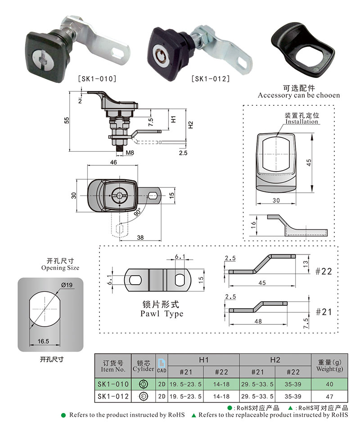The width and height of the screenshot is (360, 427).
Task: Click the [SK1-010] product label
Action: (x=97, y=79)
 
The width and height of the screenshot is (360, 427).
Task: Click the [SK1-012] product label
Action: (x=210, y=79)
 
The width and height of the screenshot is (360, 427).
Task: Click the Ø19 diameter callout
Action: (x=64, y=285)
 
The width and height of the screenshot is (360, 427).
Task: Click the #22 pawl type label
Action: (x=323, y=271)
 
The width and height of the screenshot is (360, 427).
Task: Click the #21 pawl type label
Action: (x=323, y=312)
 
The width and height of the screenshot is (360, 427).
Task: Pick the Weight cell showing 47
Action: (x=330, y=396)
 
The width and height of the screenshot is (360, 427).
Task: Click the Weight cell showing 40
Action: (x=330, y=384)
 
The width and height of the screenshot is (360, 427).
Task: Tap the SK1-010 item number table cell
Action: (x=113, y=384)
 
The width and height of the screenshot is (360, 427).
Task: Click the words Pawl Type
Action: (x=162, y=313)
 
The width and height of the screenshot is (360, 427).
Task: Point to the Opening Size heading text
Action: (x=60, y=268)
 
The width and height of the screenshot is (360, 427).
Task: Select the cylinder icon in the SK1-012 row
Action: (x=144, y=396)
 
